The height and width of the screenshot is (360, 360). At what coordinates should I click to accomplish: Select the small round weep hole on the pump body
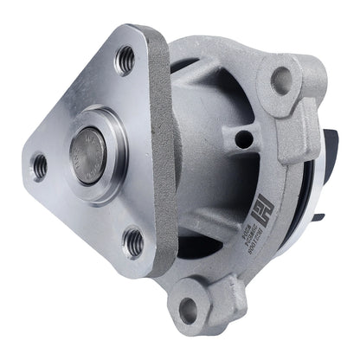[247, 138]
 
